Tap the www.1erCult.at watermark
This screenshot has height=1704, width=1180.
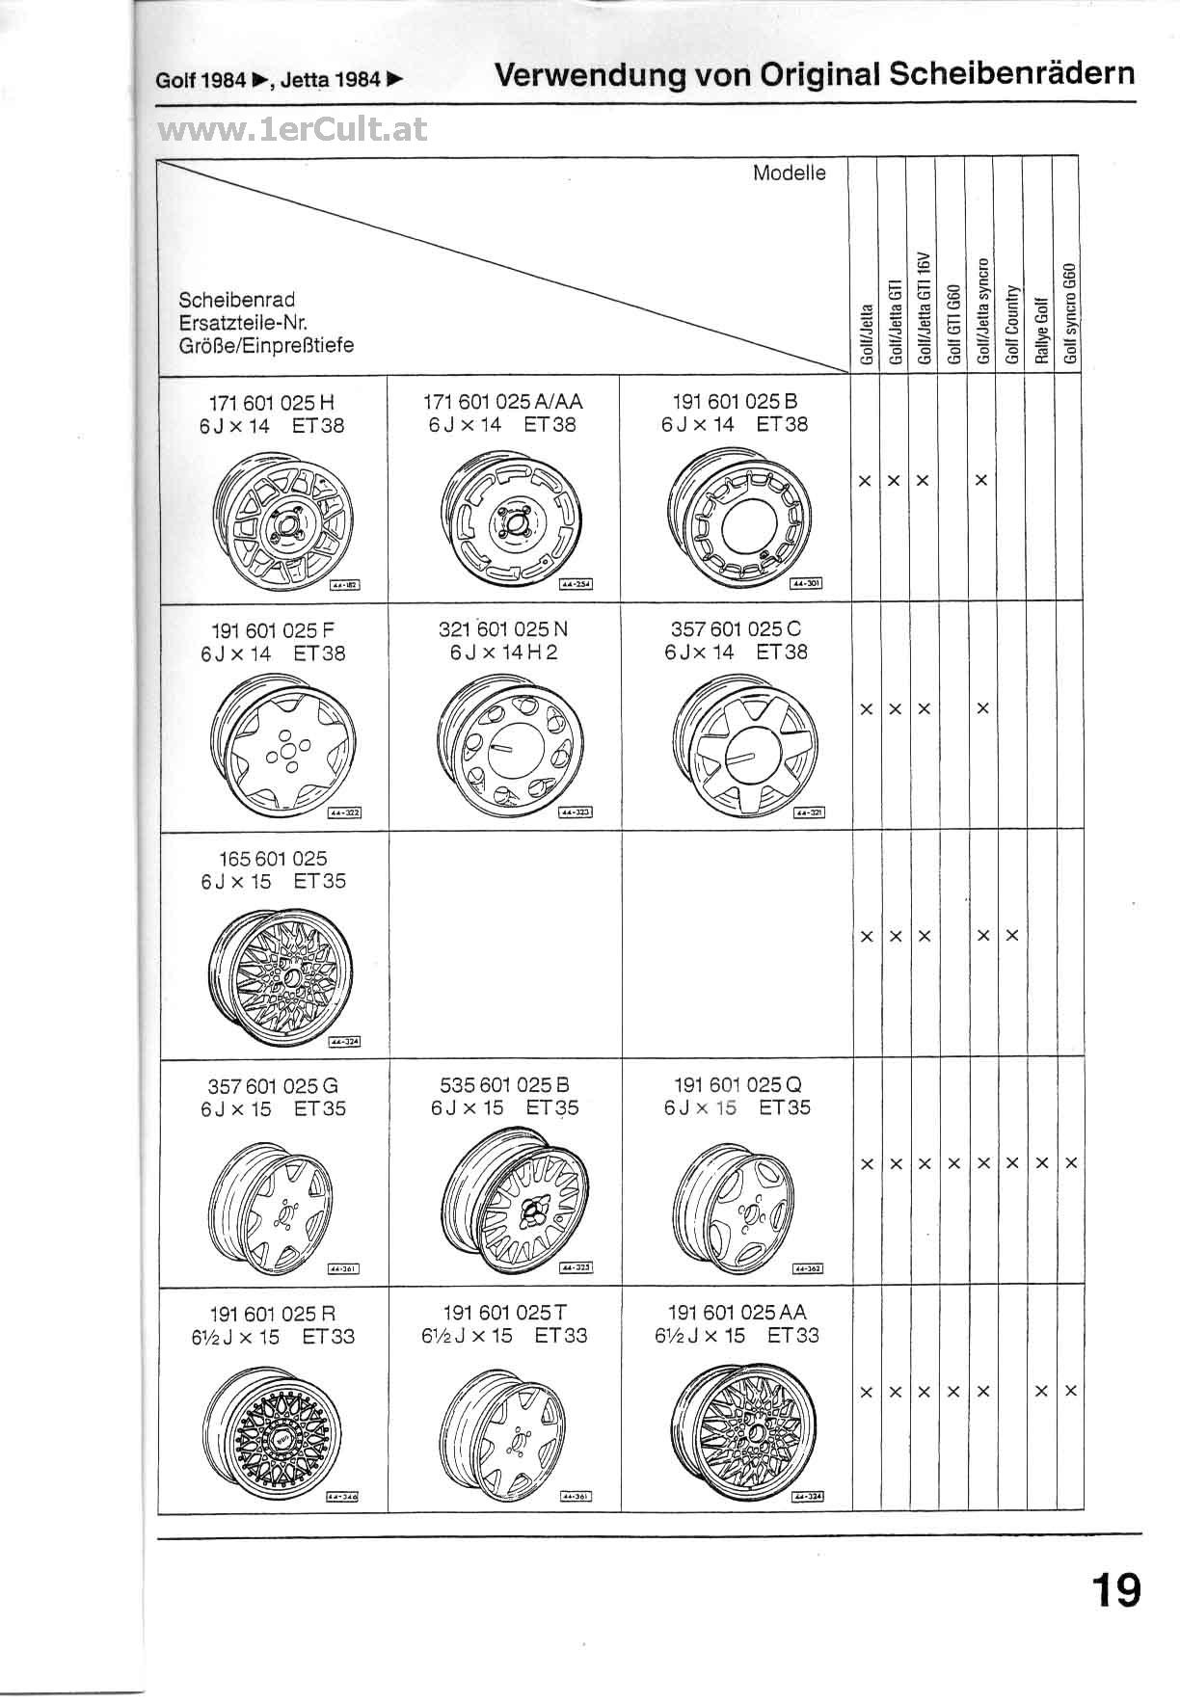click(x=292, y=130)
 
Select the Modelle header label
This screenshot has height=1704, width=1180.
click(x=789, y=173)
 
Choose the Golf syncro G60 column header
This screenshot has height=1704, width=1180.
click(x=1070, y=314)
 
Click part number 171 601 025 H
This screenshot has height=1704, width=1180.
click(x=272, y=402)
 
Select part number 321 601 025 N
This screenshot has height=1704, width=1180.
click(x=503, y=629)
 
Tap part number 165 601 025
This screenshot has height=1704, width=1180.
click(x=273, y=858)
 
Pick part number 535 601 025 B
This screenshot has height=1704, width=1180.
click(x=504, y=1084)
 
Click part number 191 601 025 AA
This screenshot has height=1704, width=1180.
click(x=737, y=1312)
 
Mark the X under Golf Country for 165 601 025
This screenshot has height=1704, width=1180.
click(x=1012, y=936)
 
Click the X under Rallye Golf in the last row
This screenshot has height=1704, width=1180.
click(x=1041, y=1392)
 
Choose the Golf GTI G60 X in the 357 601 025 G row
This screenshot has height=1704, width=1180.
click(x=953, y=1164)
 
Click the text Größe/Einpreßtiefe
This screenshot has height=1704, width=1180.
click(x=266, y=345)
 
